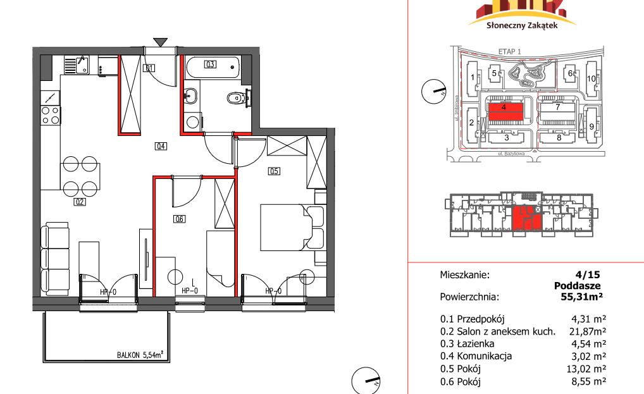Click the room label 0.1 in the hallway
point(149,68)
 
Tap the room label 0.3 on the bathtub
point(210,64)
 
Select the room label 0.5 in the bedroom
point(274,171)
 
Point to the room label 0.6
point(180,219)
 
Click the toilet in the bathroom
point(237,98)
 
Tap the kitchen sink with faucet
point(77,65)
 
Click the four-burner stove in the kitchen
point(51,115)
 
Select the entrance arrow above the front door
point(160,42)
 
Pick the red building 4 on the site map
point(505,111)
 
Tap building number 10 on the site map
point(591,78)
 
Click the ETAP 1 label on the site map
point(509,52)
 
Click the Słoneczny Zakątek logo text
point(522,25)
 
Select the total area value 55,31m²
point(581,297)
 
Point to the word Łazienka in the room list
point(475,343)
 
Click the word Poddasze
point(577,286)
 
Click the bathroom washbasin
point(190,97)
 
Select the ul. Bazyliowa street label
point(511,154)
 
